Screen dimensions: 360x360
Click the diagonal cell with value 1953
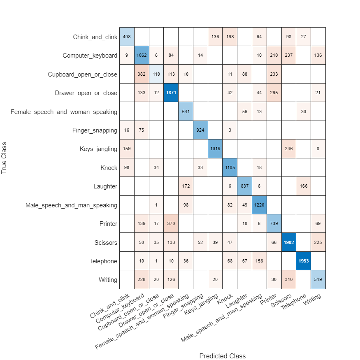[x=303, y=261]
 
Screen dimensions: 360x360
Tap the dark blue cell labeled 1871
[x=170, y=93]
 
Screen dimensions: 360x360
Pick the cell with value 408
[x=126, y=37]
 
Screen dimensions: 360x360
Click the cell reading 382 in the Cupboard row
[x=141, y=74]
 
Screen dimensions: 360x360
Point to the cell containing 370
[x=170, y=224]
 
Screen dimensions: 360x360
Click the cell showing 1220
[x=259, y=205]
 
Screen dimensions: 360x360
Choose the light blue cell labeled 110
[x=156, y=74]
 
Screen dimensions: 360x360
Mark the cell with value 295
[x=274, y=93]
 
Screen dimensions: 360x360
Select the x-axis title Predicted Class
[x=222, y=356]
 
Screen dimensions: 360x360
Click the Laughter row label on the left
[x=105, y=186]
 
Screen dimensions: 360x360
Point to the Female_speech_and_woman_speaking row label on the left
[x=64, y=112]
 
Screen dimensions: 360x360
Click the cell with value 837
[x=244, y=186]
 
